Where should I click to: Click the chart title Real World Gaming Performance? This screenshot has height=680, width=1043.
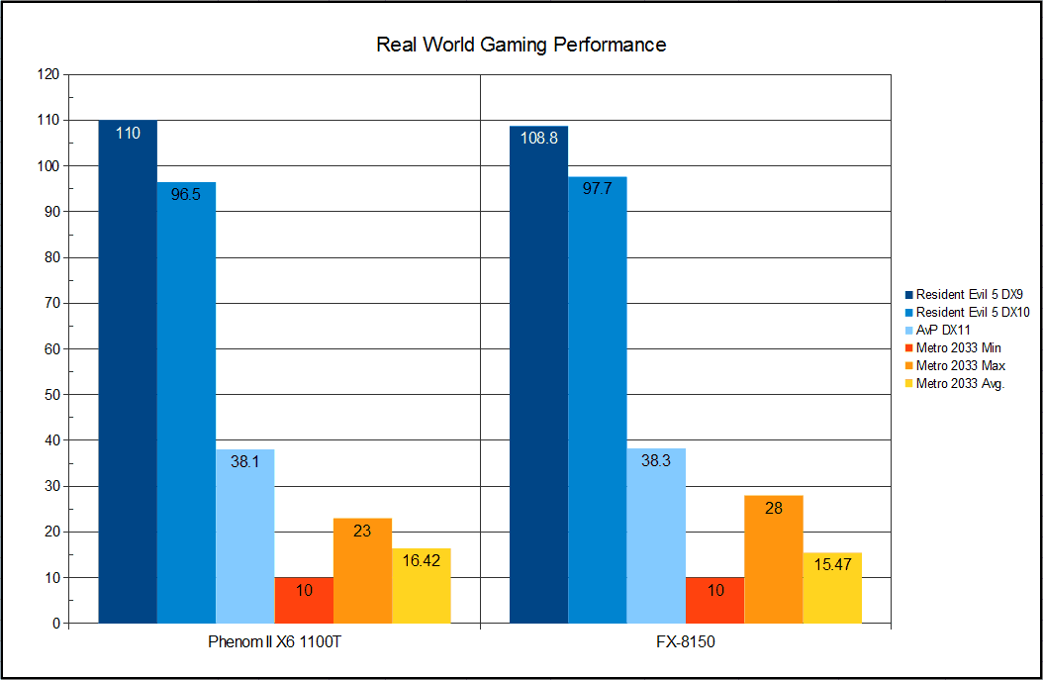click(x=521, y=45)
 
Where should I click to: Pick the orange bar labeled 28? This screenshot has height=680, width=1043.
click(x=773, y=559)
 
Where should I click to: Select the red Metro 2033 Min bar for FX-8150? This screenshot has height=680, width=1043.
click(x=714, y=600)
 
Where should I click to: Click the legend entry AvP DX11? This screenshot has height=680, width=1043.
click(x=944, y=330)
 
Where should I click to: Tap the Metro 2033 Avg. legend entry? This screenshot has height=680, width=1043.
click(x=960, y=384)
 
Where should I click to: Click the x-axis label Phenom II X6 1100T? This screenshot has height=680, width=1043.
click(x=275, y=642)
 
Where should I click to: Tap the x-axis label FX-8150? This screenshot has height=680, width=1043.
click(x=686, y=642)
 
